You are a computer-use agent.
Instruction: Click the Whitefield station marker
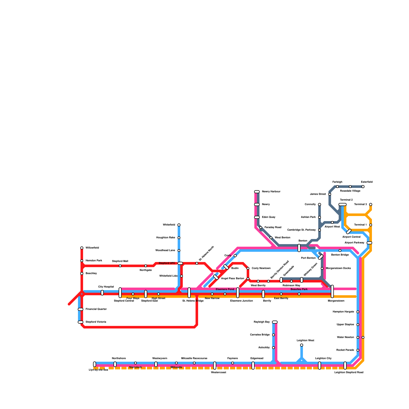(179, 225)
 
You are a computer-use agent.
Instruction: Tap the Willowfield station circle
(82, 248)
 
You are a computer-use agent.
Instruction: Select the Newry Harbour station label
(271, 192)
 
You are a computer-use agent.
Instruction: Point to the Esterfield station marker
(363, 187)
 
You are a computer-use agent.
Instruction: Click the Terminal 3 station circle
(371, 204)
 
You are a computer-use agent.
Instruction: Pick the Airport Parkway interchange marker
(369, 243)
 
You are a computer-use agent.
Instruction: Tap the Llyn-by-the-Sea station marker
(95, 364)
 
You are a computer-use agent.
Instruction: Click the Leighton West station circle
(302, 345)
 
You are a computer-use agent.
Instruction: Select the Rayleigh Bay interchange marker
(275, 322)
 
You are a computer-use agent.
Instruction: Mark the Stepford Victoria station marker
(81, 322)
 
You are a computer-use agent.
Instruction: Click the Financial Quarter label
(96, 309)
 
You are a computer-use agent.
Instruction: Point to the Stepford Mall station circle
(120, 266)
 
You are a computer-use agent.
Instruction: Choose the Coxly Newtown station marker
(248, 268)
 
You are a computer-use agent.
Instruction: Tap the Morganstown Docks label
(338, 268)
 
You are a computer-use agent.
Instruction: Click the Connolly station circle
(320, 204)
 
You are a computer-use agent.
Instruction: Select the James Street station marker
(330, 194)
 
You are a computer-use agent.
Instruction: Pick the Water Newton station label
(345, 337)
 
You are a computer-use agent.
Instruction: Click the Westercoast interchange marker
(215, 366)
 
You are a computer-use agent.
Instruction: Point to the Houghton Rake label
(166, 238)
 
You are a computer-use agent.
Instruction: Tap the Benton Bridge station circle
(340, 251)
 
